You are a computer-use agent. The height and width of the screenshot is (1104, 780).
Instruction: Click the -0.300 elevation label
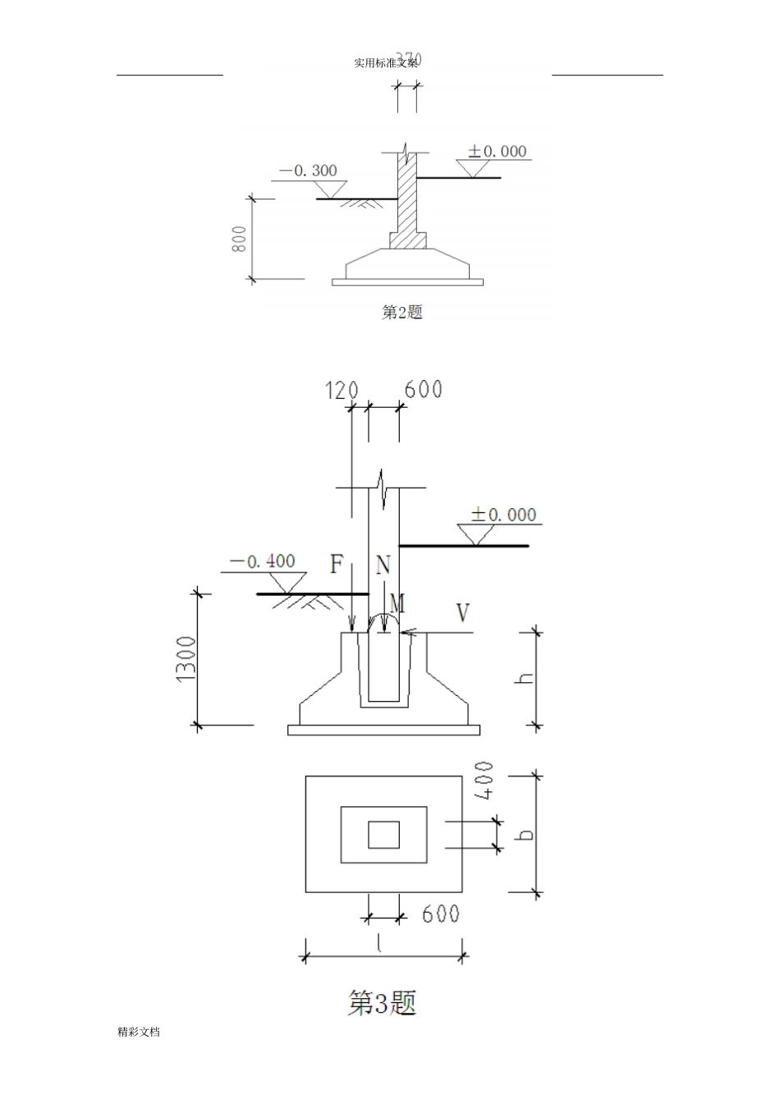point(308,171)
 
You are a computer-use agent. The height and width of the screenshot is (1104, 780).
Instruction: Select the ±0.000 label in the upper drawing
point(497,151)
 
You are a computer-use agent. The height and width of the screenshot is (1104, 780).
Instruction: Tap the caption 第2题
point(402,312)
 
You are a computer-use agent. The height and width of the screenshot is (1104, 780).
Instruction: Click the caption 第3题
point(383,1002)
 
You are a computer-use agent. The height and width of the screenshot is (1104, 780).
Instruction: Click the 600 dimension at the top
point(424,388)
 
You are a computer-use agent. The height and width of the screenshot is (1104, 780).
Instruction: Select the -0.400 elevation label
point(262,561)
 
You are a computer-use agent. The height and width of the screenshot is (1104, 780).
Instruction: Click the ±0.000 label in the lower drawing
point(503,515)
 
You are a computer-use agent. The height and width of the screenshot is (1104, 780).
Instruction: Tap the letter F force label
point(337,565)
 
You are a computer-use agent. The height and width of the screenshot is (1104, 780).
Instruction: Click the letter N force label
point(383,565)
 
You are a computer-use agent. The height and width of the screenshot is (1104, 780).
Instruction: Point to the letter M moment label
point(397,604)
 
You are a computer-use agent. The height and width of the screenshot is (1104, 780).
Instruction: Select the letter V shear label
point(463,612)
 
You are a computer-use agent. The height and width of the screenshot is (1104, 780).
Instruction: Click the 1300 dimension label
point(186,658)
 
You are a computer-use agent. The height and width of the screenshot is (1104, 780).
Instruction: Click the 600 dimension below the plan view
point(441,914)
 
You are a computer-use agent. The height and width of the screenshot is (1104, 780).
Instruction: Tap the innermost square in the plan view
point(383,834)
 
